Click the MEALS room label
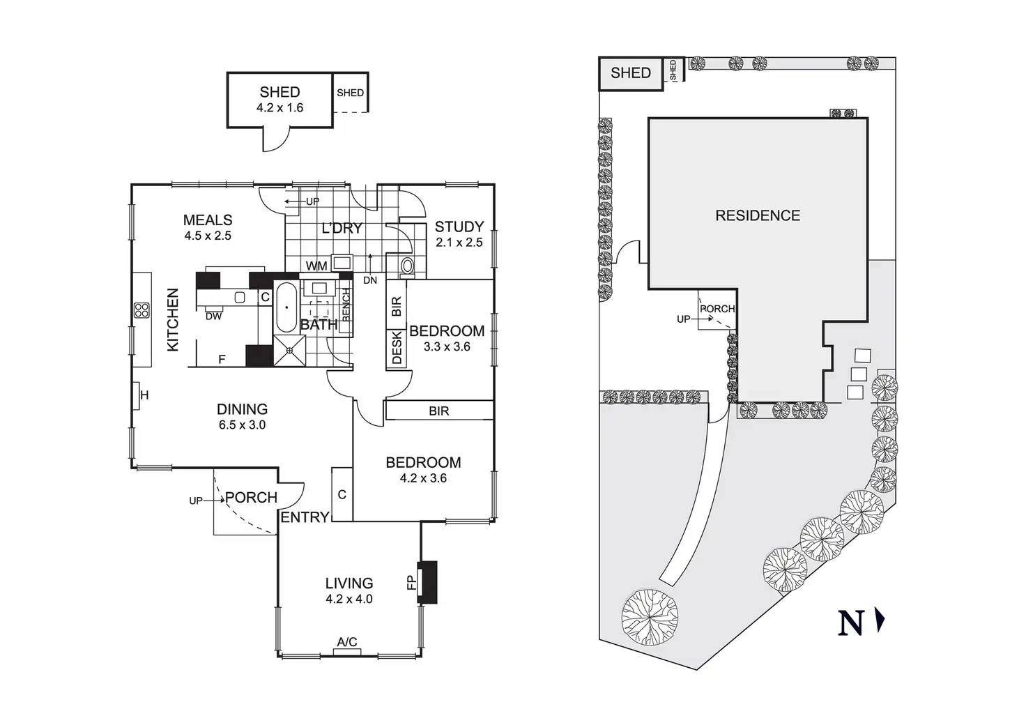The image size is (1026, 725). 208,220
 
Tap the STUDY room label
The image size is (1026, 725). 459,227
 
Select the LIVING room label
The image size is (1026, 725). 349,583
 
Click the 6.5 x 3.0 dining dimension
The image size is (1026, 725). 242,425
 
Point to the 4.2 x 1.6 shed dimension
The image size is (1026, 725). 280,108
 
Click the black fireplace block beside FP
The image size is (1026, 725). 427,582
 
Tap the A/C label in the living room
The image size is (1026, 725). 347,642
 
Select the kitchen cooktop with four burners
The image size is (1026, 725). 142,310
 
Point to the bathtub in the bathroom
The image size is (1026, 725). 286,307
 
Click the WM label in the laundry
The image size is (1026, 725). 316,266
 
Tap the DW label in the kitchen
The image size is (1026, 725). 213,316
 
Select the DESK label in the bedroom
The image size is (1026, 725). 397,347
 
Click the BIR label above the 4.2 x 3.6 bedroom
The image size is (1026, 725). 438,411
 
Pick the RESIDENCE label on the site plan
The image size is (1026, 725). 758,215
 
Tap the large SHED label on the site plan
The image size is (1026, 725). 630,73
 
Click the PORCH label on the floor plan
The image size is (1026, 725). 251,498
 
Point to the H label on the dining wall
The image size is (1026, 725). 145,396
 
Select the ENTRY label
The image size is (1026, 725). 305,517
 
